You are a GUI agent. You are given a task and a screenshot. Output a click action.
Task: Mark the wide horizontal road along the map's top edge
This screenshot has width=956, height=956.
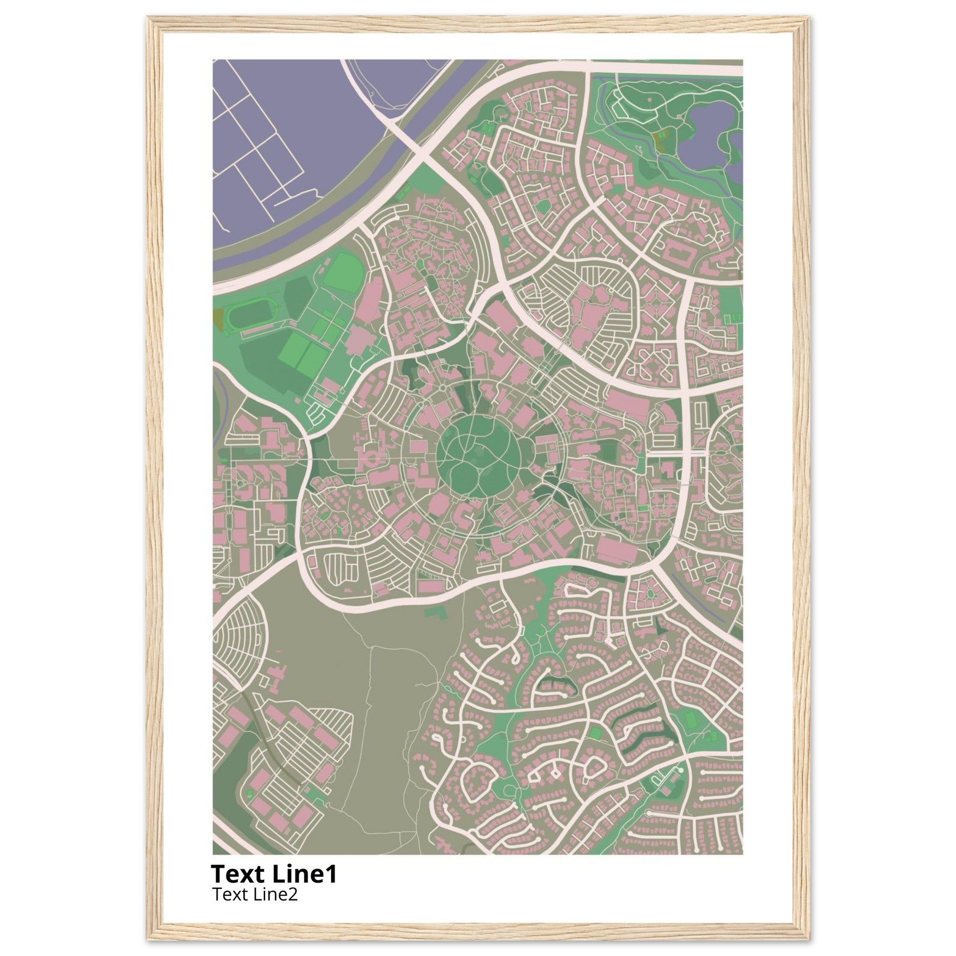click(x=663, y=67)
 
